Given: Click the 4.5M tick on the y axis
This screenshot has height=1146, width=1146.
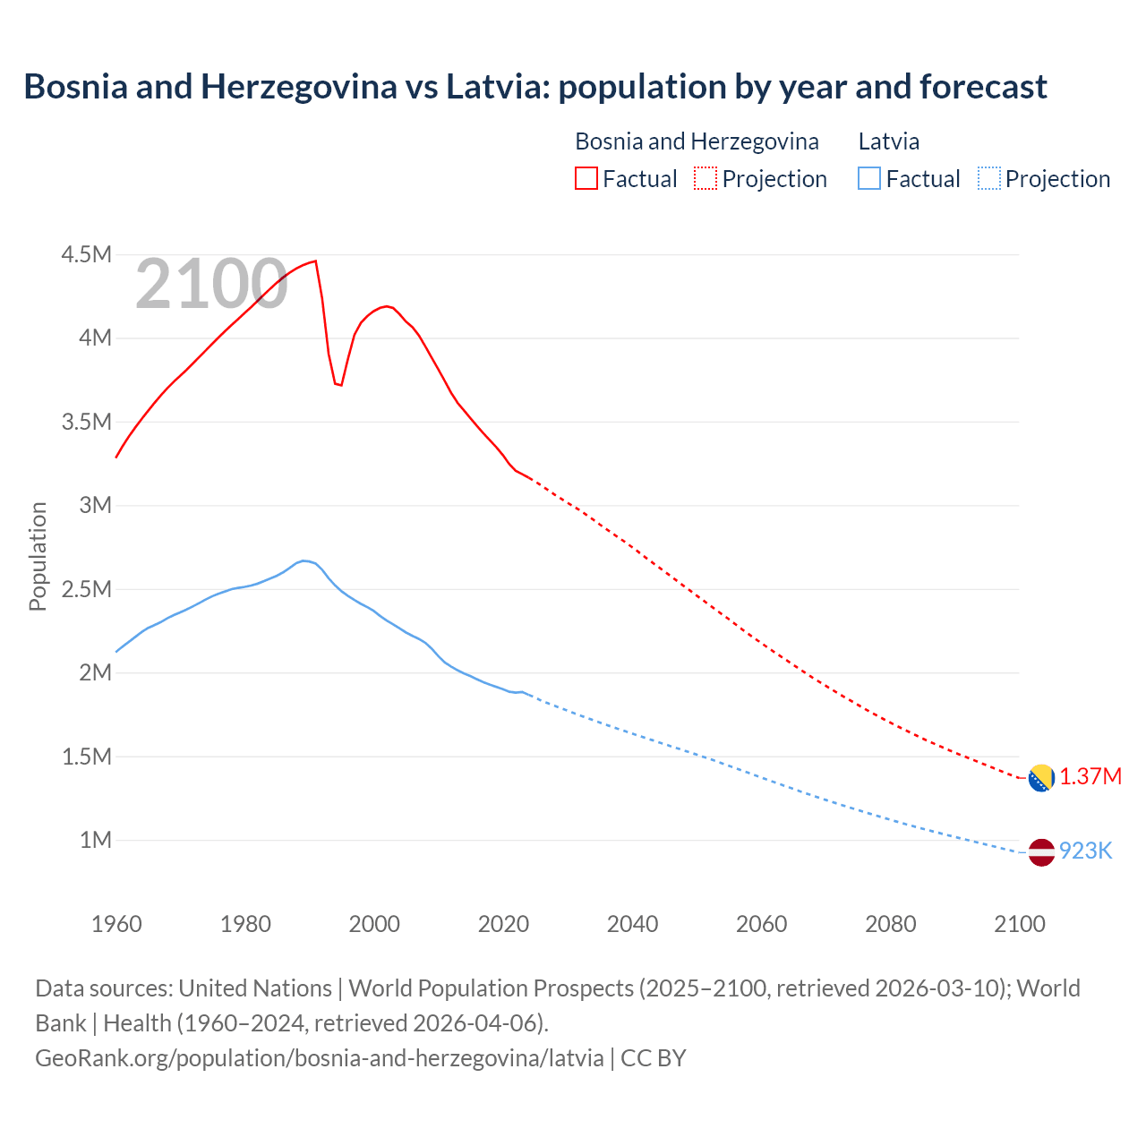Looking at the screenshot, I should click(x=86, y=255).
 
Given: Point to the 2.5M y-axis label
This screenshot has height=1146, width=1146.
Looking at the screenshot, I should click(x=86, y=589).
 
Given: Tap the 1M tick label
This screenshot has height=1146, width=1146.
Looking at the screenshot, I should click(x=95, y=840).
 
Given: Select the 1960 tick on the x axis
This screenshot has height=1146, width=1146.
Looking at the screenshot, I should click(x=116, y=924).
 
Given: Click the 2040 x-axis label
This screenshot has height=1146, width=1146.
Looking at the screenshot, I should click(x=632, y=924).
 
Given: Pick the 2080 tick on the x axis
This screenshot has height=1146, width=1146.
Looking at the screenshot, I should click(x=890, y=924).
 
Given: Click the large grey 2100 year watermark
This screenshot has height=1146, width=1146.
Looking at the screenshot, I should click(x=211, y=285).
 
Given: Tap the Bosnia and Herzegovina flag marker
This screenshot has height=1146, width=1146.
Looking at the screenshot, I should click(x=1040, y=778).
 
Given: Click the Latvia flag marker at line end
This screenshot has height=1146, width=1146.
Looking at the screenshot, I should click(x=1040, y=852).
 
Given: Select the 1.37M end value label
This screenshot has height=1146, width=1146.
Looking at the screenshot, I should click(x=1090, y=776).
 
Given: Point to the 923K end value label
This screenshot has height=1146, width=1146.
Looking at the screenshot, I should click(x=1085, y=851).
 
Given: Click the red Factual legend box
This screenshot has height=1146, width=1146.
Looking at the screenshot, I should click(x=586, y=178).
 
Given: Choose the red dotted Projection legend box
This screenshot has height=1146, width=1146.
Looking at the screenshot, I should click(x=706, y=178).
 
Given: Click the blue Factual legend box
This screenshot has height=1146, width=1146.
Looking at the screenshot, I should click(x=869, y=178).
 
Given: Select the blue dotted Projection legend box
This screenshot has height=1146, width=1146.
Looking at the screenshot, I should click(x=988, y=178).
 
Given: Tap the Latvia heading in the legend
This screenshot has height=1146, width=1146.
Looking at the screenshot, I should click(x=888, y=141).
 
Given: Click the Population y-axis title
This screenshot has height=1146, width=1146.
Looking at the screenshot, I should click(x=38, y=556).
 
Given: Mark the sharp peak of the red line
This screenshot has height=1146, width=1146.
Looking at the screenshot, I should click(x=315, y=261).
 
